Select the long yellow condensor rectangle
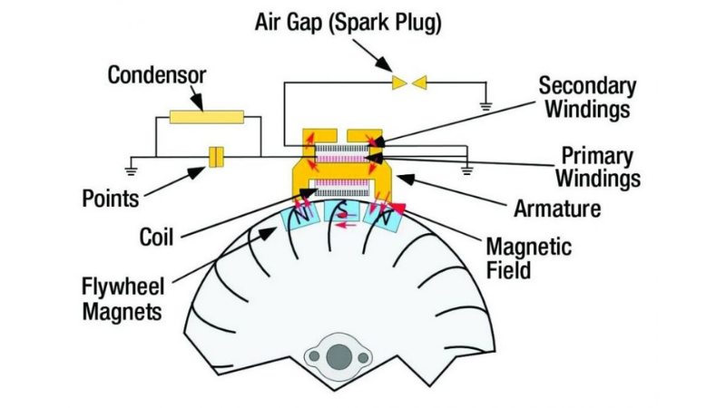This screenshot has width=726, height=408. click(206, 117)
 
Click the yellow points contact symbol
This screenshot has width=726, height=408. click(215, 156)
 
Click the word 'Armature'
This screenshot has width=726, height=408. click(557, 209)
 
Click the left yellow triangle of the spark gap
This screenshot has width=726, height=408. click(400, 83)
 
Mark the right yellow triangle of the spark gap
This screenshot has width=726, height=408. click(419, 83)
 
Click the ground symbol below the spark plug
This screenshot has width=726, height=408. click(486, 106)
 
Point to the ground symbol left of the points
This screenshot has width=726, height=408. click(132, 168)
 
